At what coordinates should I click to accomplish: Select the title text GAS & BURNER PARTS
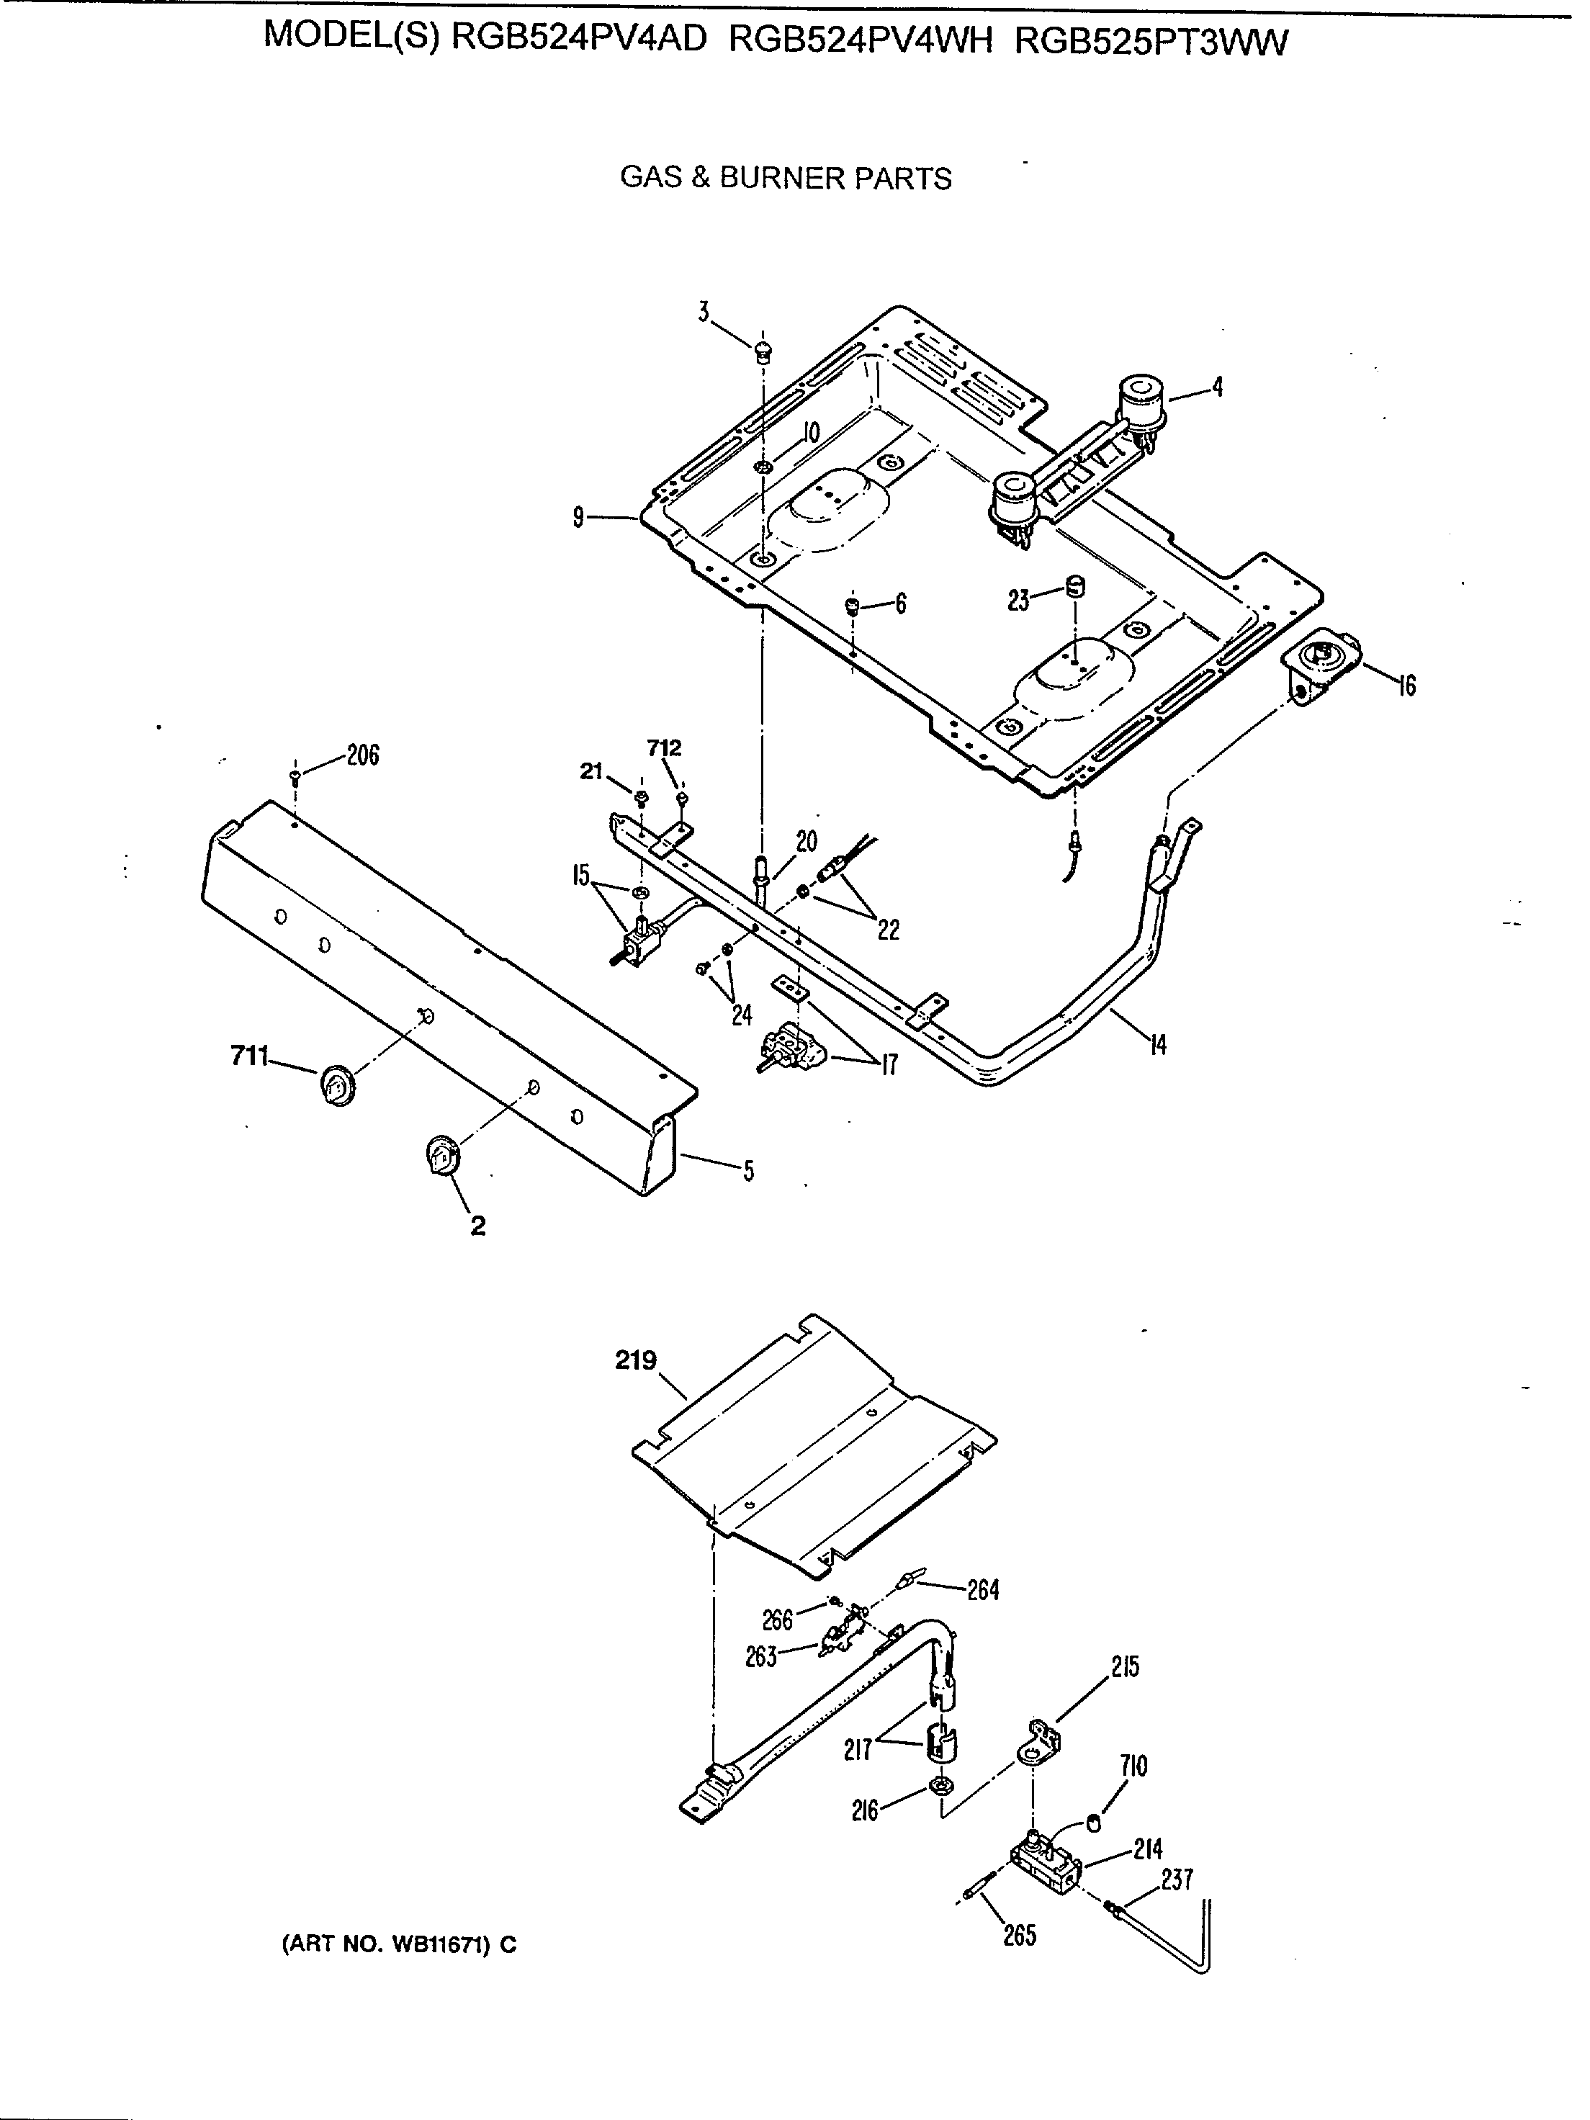786,179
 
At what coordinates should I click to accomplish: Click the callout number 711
249,1056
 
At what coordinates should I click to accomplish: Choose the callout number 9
578,518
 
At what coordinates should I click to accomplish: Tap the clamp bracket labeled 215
1041,1743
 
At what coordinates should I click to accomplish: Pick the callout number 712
664,747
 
